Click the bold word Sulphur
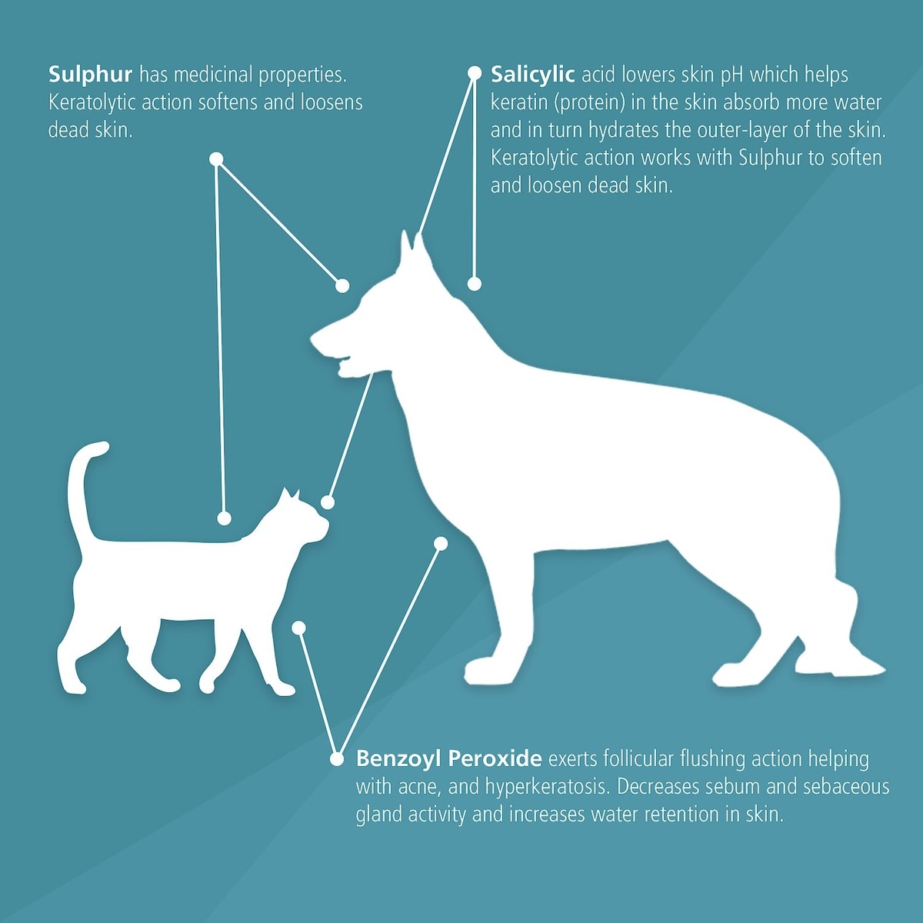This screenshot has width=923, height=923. tap(90, 75)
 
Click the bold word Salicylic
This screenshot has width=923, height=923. tap(532, 75)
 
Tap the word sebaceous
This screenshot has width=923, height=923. tap(846, 787)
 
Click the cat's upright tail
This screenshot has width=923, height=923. tap(85, 488)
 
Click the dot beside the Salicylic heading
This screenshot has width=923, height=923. tap(475, 73)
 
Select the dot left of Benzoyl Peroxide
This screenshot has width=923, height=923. tap(337, 758)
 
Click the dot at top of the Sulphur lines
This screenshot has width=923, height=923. tap(216, 159)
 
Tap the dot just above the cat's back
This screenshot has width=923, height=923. tap(224, 518)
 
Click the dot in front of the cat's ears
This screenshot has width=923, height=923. tap(328, 502)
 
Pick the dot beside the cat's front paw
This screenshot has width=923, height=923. tap(299, 628)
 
